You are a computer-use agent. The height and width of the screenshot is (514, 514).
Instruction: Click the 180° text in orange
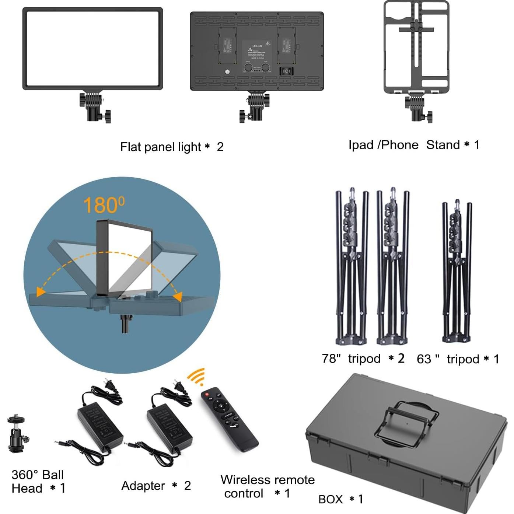[x=104, y=205]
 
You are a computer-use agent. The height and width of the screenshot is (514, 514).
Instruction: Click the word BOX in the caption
[x=331, y=499]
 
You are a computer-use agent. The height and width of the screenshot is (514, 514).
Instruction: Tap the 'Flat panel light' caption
[x=161, y=147]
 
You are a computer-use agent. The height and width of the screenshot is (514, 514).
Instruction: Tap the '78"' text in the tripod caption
[x=331, y=359]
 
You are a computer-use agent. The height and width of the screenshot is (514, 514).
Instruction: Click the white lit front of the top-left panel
[x=93, y=48]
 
